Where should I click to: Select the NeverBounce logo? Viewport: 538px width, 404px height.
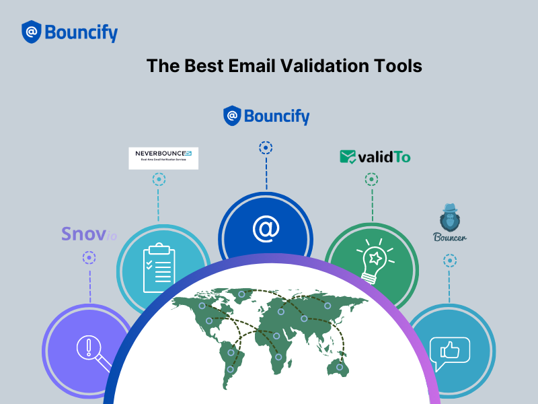click(163, 158)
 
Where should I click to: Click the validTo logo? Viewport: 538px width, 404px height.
click(375, 157)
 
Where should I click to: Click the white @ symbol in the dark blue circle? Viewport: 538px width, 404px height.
click(266, 229)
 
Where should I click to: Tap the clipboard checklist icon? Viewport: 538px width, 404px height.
click(159, 267)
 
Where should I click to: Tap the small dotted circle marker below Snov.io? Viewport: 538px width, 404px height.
click(89, 257)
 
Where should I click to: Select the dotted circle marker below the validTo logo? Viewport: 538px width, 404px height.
click(371, 180)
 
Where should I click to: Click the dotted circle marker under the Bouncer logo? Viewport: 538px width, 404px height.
click(450, 260)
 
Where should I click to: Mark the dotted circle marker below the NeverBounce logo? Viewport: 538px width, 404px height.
click(159, 180)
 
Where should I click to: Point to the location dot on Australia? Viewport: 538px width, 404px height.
click(340, 367)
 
